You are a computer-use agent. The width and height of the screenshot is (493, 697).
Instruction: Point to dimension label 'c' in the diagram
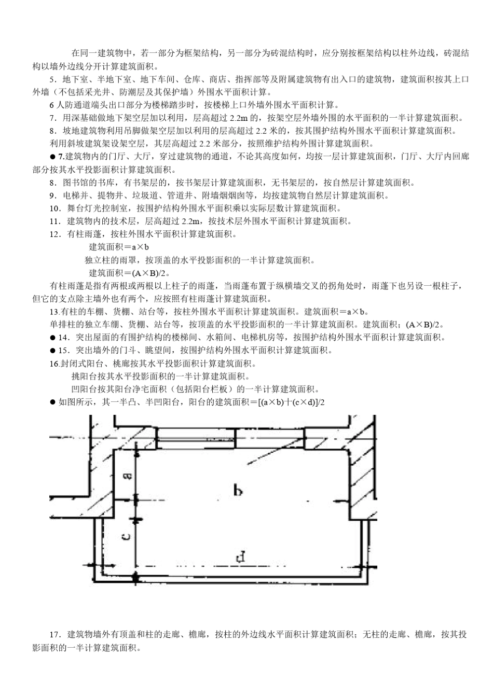(x=126, y=536)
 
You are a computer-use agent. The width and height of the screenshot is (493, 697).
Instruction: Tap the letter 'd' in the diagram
(x=240, y=557)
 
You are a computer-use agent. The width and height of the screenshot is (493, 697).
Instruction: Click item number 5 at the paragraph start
(x=52, y=79)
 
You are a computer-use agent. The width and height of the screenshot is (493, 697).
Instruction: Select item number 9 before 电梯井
(x=52, y=196)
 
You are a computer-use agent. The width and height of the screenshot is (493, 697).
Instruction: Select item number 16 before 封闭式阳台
(x=54, y=364)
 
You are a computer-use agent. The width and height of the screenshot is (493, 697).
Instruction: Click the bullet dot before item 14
(x=52, y=338)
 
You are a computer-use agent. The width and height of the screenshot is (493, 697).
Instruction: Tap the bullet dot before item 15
(x=52, y=351)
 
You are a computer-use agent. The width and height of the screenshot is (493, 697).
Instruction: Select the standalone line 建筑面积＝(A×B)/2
(x=130, y=273)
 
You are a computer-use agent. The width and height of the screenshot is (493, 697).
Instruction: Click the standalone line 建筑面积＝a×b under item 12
(x=119, y=247)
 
